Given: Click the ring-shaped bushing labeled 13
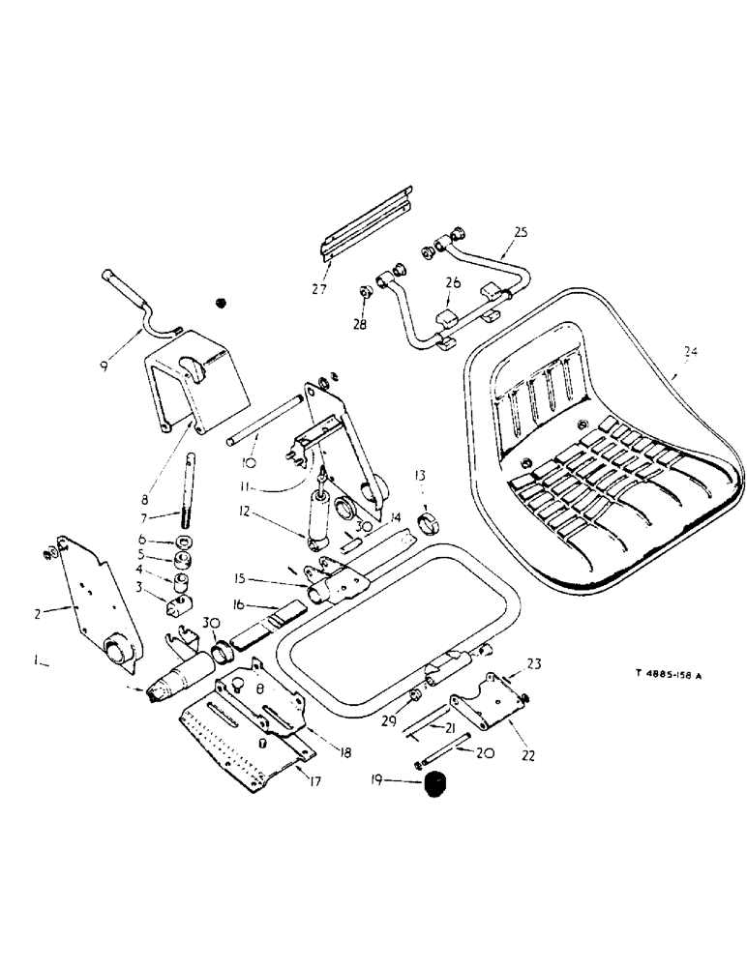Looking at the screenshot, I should (x=428, y=526).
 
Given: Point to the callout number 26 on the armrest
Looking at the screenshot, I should (x=452, y=282).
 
